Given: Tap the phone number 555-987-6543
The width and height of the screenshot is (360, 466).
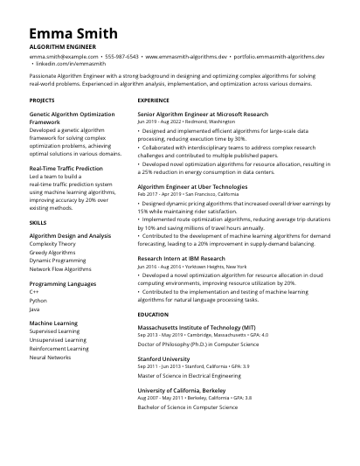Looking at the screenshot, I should pyautogui.click(x=122, y=56).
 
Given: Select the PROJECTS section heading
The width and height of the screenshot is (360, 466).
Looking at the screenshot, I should pyautogui.click(x=42, y=101).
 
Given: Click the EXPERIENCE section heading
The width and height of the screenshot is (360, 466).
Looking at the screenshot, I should pyautogui.click(x=154, y=101).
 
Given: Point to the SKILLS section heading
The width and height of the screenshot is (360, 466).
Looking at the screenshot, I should pyautogui.click(x=38, y=223).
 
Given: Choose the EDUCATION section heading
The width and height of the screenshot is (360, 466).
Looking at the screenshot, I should pyautogui.click(x=153, y=314).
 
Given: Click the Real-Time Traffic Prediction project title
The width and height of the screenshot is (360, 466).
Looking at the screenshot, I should pyautogui.click(x=66, y=168).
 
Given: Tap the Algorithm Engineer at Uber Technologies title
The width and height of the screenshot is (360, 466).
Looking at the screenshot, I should pyautogui.click(x=192, y=186).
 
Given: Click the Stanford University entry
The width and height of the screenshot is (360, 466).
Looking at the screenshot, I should pyautogui.click(x=163, y=358).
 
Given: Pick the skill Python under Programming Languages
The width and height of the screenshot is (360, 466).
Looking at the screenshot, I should pyautogui.click(x=38, y=300).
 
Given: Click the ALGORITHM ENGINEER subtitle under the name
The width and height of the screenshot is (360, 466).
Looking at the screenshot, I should pyautogui.click(x=63, y=45).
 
